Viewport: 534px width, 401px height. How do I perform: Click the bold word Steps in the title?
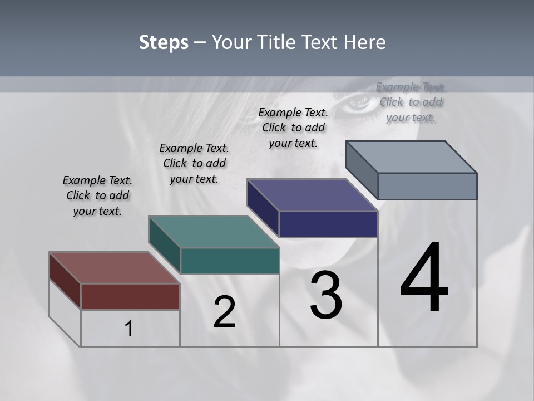pos(164,43)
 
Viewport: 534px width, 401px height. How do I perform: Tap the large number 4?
pos(424,278)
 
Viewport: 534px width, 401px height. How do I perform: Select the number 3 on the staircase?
pos(326,295)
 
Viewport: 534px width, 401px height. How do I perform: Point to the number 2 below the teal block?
pos(225,312)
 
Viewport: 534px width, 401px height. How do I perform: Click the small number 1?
pos(129,329)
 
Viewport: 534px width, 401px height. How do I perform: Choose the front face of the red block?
pos(130,296)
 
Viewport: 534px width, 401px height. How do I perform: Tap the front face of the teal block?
pos(230,261)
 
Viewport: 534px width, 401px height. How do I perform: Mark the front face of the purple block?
pos(328,224)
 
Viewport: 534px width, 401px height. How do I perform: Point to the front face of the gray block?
pos(427,186)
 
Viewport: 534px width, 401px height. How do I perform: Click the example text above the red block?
pos(97,195)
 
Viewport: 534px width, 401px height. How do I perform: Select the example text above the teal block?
pos(194,163)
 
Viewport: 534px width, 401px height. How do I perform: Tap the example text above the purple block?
pos(293,128)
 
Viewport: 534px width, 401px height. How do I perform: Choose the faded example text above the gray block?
pos(411,102)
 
